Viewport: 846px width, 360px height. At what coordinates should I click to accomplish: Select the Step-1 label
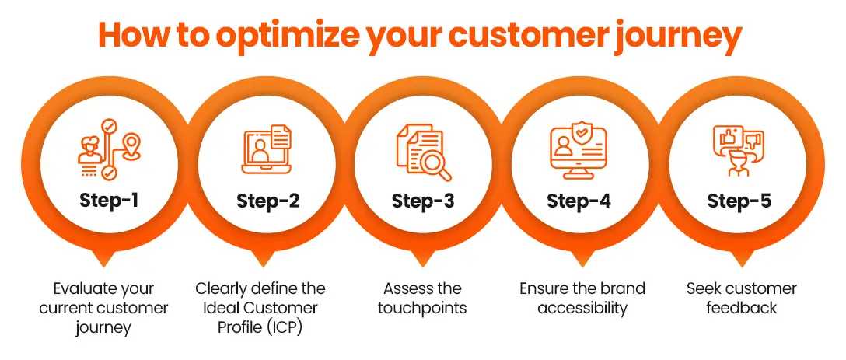click(x=109, y=201)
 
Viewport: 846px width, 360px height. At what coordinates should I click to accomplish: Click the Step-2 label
click(x=267, y=201)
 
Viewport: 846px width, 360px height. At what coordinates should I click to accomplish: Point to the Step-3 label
click(x=424, y=201)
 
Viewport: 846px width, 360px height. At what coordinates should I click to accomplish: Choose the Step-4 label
click(x=579, y=201)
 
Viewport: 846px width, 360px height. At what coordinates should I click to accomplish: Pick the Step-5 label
click(x=739, y=201)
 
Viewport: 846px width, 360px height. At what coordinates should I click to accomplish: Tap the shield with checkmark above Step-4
click(x=584, y=133)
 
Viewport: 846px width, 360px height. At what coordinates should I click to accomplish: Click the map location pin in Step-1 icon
click(x=130, y=145)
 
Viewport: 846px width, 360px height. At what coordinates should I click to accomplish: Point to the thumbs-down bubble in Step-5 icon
click(x=753, y=141)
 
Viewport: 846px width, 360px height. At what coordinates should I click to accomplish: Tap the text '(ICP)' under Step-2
click(x=283, y=327)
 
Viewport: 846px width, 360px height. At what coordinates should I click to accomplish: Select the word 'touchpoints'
click(x=422, y=308)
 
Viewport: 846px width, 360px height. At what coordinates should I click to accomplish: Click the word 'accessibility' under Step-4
click(x=582, y=308)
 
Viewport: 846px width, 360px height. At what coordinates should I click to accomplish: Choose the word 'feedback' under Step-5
click(x=741, y=308)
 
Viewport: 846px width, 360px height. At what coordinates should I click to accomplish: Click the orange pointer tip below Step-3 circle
click(x=422, y=266)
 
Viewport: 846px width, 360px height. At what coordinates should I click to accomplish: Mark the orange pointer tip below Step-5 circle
click(x=741, y=266)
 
